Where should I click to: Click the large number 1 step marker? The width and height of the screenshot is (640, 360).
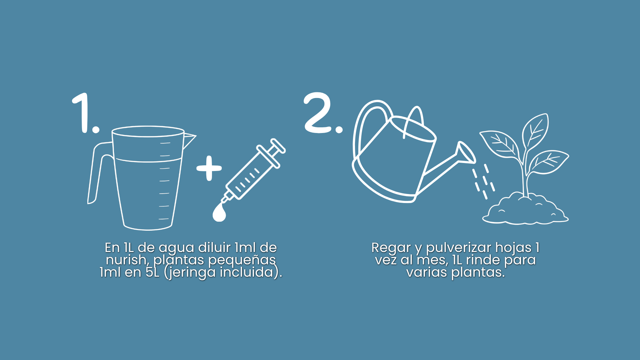[83, 113]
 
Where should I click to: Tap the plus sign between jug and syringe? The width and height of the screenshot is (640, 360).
[209, 168]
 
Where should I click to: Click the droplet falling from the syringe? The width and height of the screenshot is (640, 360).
[219, 212]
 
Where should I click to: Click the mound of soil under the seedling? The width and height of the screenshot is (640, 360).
[525, 210]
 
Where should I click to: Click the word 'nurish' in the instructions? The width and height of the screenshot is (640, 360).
[126, 260]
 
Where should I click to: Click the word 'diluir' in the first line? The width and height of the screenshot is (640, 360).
[214, 247]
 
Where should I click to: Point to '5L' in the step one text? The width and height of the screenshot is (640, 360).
[153, 272]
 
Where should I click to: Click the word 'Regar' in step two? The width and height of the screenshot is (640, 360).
[391, 248]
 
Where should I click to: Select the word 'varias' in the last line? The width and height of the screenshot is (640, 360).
[427, 272]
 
